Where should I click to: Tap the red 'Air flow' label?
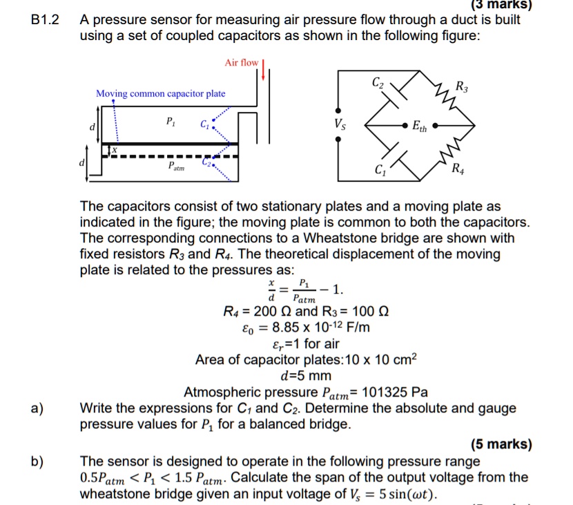pyautogui.click(x=241, y=63)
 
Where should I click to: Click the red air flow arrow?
pyautogui.click(x=263, y=70)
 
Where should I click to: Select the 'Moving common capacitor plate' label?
pyautogui.click(x=160, y=93)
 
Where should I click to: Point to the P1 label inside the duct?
pyautogui.click(x=170, y=122)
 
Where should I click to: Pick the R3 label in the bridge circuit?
pyautogui.click(x=460, y=86)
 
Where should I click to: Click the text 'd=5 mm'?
pyautogui.click(x=304, y=377)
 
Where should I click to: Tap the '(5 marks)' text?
pyautogui.click(x=501, y=444)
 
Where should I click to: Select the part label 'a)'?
pyautogui.click(x=38, y=408)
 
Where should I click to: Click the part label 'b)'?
pyautogui.click(x=38, y=461)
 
